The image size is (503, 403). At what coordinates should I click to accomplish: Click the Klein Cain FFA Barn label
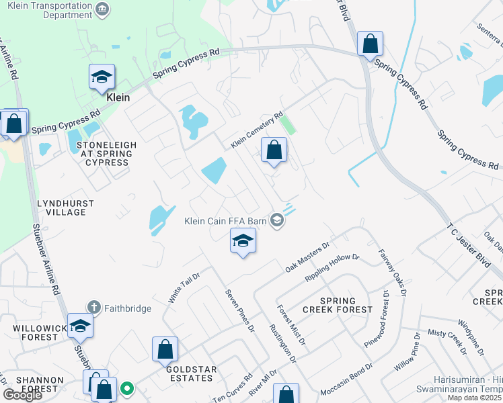(x=226, y=220)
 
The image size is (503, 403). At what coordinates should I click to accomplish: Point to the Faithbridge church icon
(x=98, y=309)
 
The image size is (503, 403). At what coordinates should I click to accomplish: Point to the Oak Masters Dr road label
(x=306, y=258)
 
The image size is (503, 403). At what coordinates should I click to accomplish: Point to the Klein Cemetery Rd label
(x=257, y=130)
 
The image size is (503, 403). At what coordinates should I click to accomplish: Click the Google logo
(x=23, y=395)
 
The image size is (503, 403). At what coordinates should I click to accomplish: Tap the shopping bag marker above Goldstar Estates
(x=165, y=350)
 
